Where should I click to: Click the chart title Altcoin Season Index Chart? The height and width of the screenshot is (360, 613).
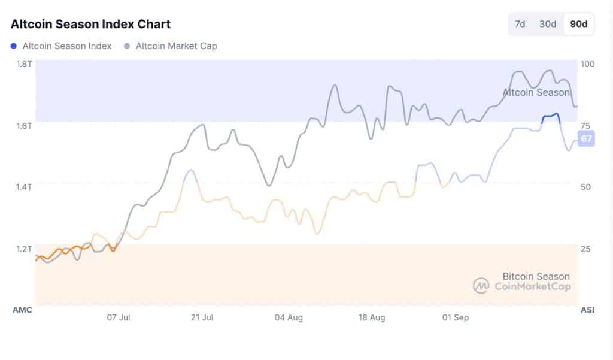[90, 24]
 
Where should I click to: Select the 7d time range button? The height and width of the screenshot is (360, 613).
[520, 24]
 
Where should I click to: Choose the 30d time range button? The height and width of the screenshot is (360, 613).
[548, 24]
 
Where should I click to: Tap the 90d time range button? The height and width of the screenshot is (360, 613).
[578, 24]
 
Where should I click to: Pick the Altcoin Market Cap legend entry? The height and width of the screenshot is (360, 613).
[176, 46]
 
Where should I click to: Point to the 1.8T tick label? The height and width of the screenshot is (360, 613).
[24, 63]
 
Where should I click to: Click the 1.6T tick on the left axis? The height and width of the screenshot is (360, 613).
[24, 125]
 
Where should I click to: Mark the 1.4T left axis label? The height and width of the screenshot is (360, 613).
[24, 187]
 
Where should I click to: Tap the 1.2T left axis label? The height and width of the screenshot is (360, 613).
[24, 248]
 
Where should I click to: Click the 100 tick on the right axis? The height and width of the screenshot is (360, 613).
[588, 63]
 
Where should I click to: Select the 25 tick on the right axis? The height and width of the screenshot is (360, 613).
[585, 248]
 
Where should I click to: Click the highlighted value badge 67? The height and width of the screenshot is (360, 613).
[587, 139]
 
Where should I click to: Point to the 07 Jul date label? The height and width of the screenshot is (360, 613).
[119, 317]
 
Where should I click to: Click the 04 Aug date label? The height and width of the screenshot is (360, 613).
[288, 317]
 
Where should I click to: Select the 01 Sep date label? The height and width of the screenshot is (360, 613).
[455, 317]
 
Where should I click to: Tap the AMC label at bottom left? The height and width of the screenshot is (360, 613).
[22, 310]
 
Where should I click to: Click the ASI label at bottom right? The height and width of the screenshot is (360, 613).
[587, 310]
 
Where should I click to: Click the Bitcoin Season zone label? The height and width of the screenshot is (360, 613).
[536, 276]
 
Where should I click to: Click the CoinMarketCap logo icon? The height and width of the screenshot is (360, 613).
[481, 286]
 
